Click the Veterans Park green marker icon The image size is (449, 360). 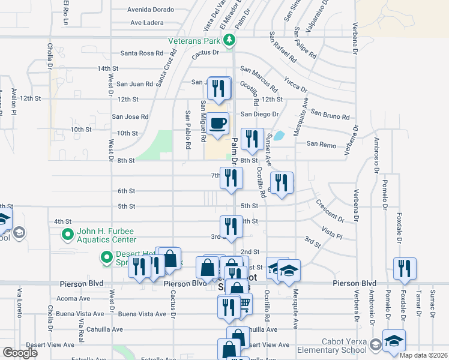point(229,41)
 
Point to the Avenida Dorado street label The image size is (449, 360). point(151,10)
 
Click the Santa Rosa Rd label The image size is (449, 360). point(142,53)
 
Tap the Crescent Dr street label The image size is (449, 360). point(330,211)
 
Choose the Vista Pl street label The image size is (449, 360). point(331,230)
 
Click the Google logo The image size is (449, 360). point(20,352)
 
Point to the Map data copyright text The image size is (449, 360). point(423,355)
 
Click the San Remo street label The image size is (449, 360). point(321,144)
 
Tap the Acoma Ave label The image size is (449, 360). point(73,298)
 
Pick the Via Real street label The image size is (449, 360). point(80,326)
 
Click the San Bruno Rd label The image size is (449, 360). point(330,115)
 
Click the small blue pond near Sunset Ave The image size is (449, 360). point(279,136)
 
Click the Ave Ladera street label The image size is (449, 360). point(147,23)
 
